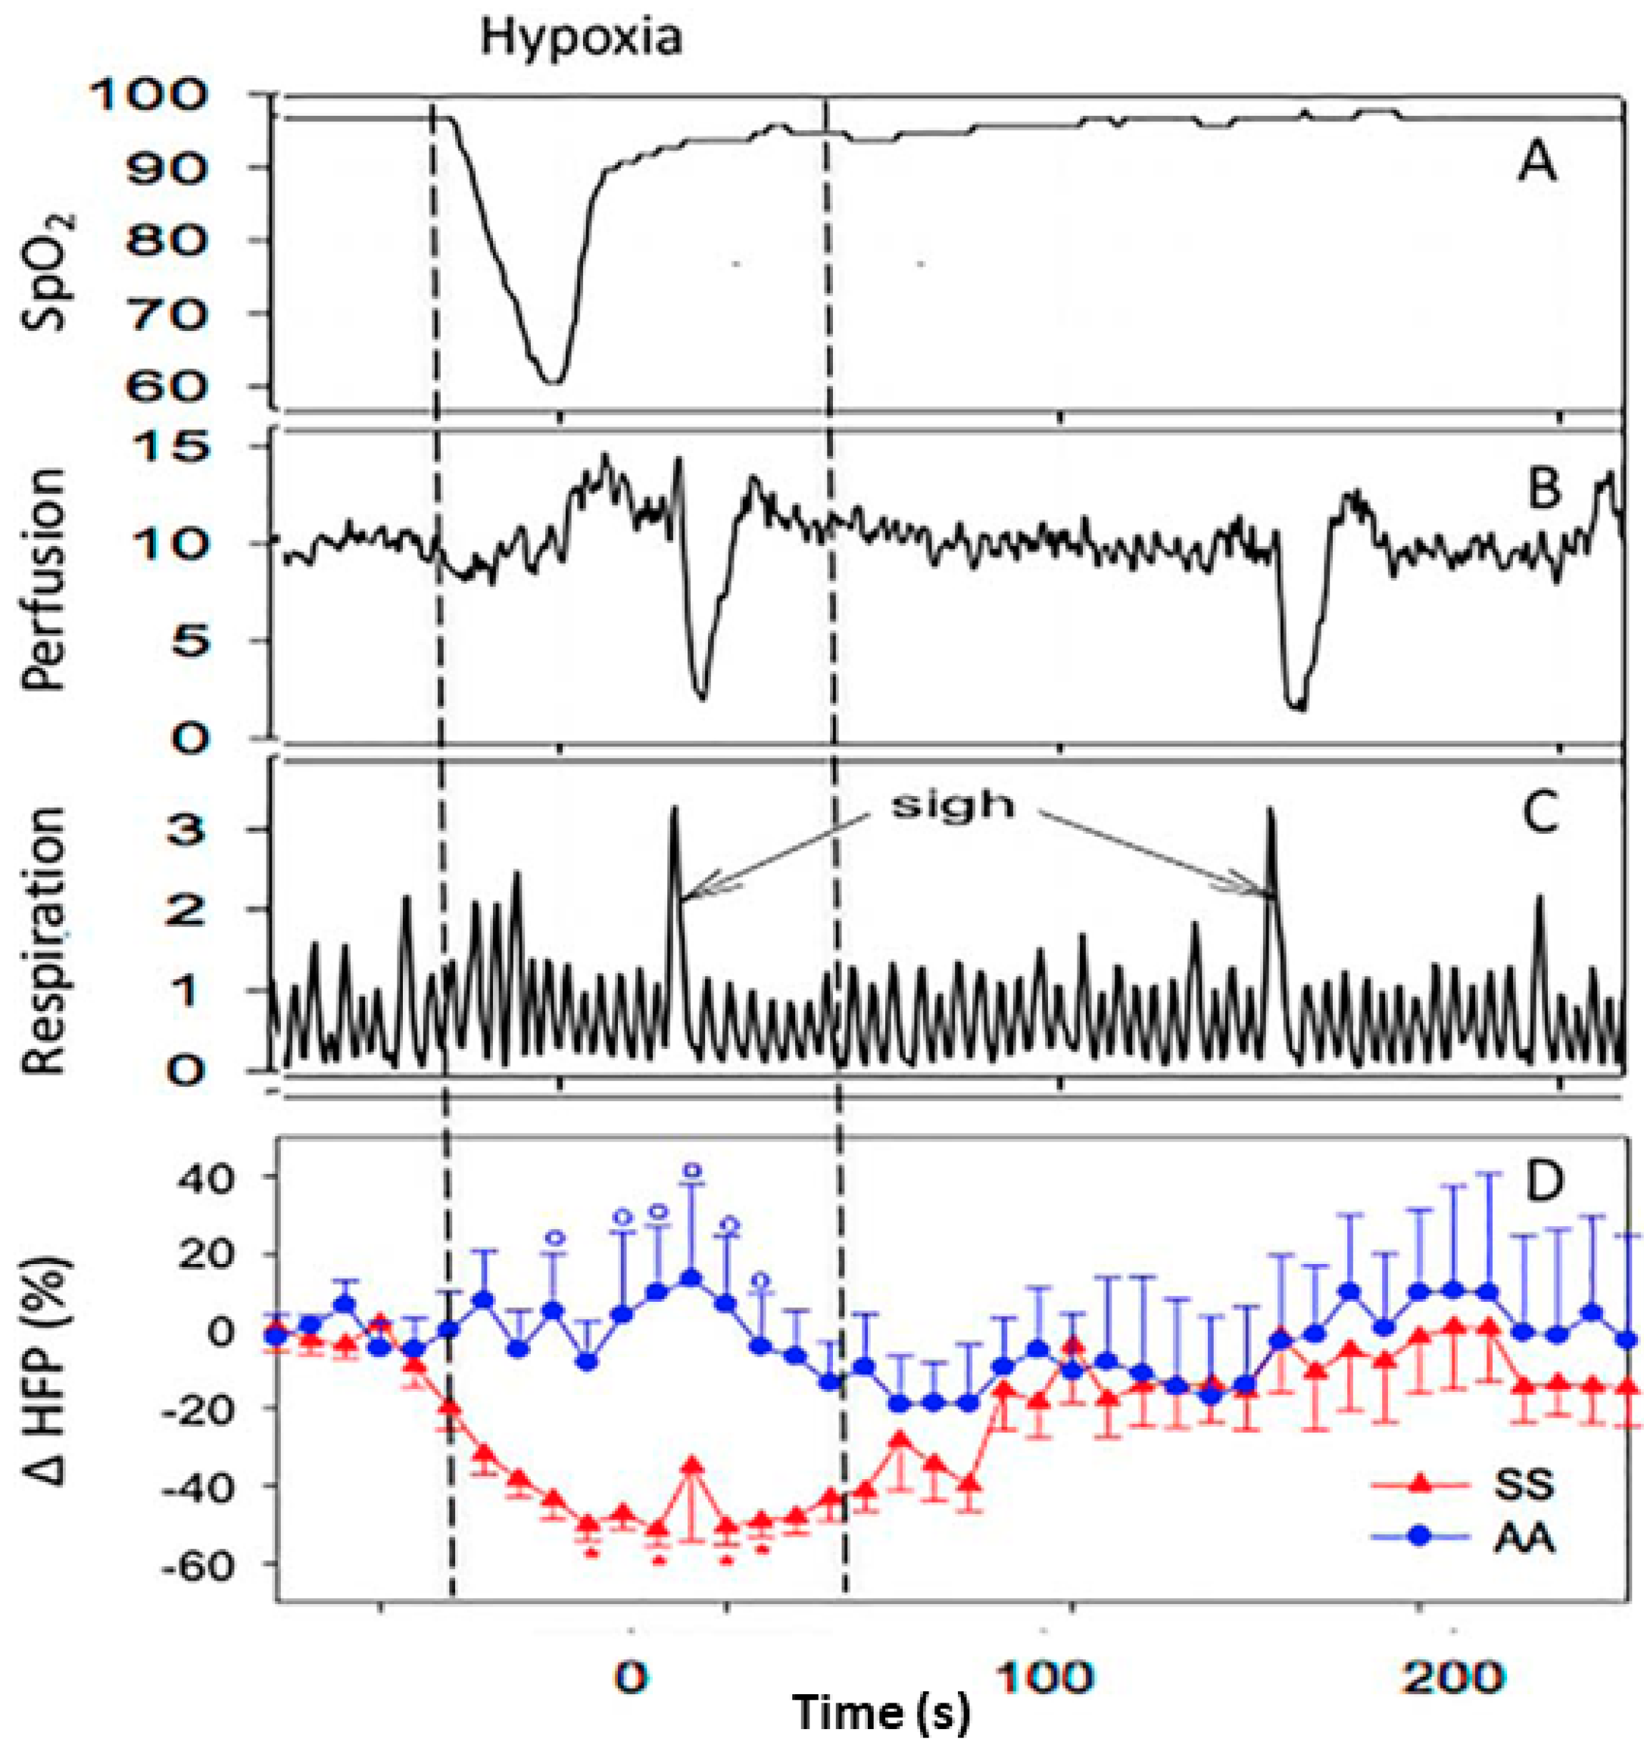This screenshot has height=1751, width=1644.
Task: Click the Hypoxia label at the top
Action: point(581,39)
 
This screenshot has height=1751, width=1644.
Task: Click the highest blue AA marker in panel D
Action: point(692,1277)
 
